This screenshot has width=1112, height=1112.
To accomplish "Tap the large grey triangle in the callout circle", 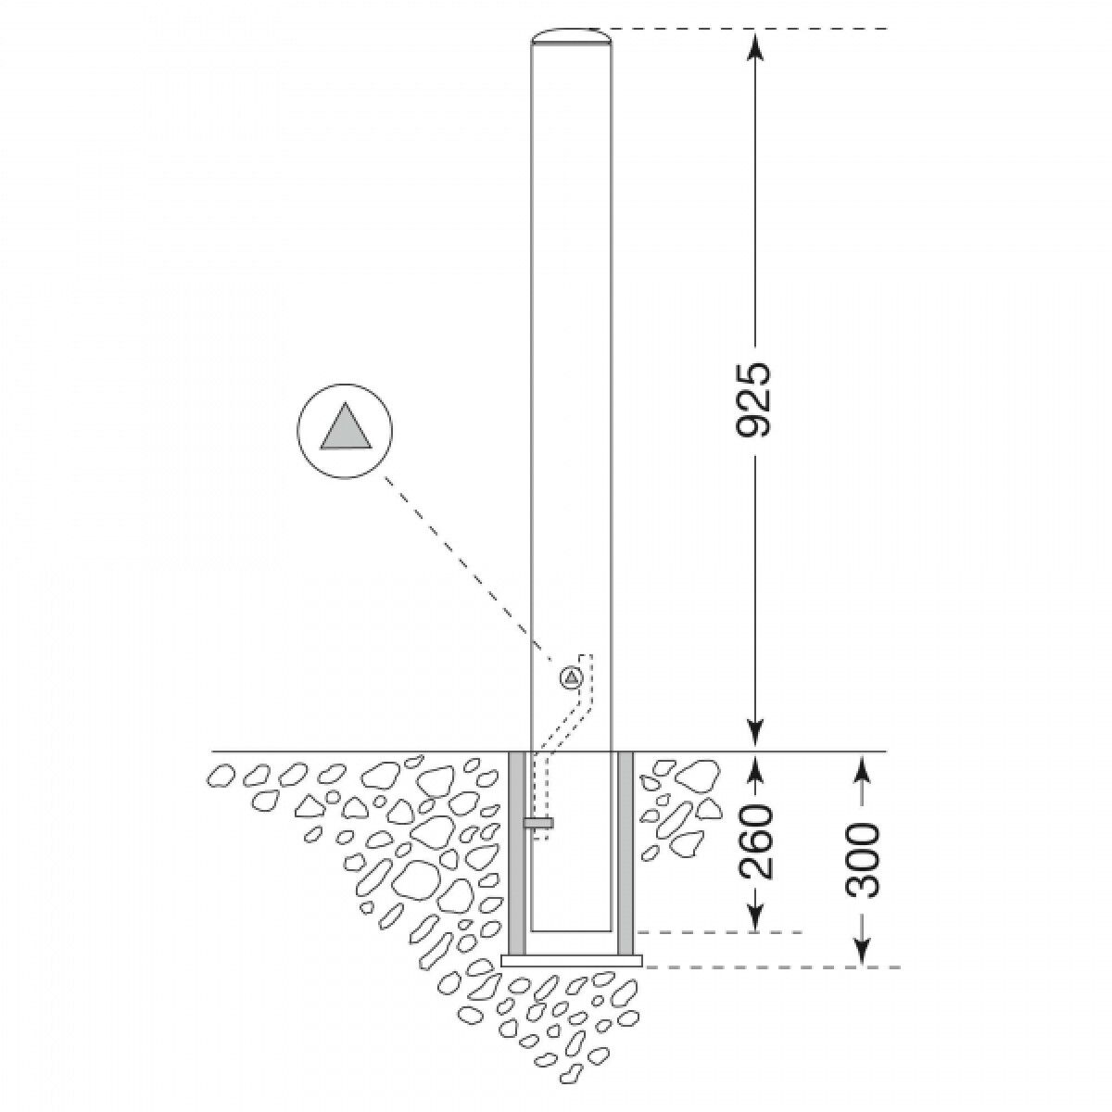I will pos(346,428).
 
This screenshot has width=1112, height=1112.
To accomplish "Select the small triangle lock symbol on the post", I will pos(571,677).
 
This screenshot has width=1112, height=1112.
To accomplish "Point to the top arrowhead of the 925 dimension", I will pos(756,43).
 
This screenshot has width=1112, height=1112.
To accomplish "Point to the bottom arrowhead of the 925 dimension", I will pos(756,737).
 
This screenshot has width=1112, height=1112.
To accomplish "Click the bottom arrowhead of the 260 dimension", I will pos(756,920).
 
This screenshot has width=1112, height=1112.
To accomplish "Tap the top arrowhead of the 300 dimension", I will pos(863,765).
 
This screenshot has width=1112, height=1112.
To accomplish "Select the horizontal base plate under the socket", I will pos(571,961).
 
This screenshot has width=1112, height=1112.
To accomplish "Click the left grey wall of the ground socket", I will pos(518,853).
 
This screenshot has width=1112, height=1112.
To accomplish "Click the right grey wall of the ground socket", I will pos(626,853).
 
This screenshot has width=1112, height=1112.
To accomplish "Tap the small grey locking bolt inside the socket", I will pos(538,822).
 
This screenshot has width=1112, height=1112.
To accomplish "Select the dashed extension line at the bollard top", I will pos(741,30).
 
